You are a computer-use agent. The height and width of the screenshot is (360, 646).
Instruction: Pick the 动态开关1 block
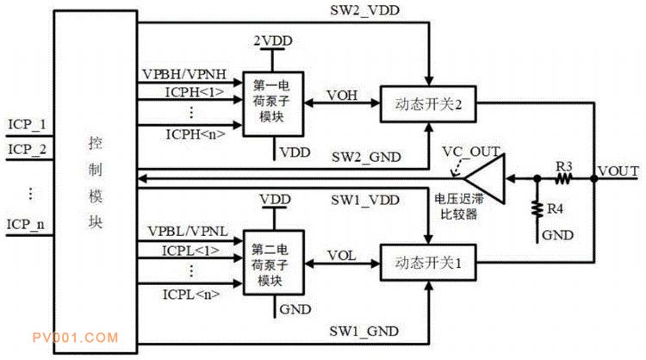click(428, 264)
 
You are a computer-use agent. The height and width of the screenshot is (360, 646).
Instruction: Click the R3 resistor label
click(564, 164)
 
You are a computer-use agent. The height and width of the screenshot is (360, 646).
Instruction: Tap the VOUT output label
click(618, 171)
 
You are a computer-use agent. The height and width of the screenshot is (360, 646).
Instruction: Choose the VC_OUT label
click(470, 152)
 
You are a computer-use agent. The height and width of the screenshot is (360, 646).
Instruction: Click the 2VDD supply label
click(271, 41)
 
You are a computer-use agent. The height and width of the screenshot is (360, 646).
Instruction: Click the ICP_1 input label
click(26, 125)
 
